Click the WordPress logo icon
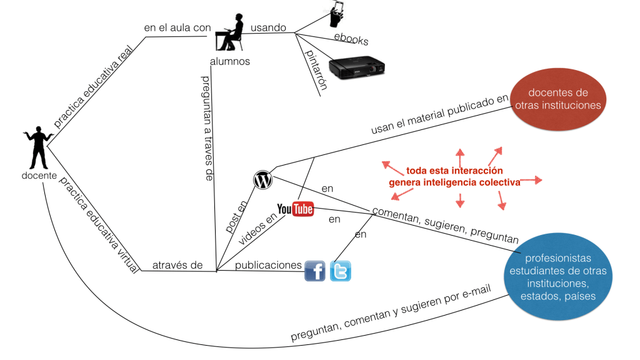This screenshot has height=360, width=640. tap(263, 180)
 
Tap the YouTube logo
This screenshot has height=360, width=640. tap(295, 209)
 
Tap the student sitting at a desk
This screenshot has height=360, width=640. tap(229, 34)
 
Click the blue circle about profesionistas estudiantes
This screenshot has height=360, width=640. tap(557, 277)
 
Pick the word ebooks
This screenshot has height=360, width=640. tap(351, 39)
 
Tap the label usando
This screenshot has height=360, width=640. tap(268, 27)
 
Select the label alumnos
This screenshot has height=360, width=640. tap(230, 61)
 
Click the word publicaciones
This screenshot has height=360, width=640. tap(268, 265)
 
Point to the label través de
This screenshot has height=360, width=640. tap(177, 265)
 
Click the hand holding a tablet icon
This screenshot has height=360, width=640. tap(337, 13)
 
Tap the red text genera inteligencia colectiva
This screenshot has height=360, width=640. tap(454, 182)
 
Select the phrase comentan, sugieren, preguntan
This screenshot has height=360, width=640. tap(445, 226)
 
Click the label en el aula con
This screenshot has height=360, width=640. tap(177, 27)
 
